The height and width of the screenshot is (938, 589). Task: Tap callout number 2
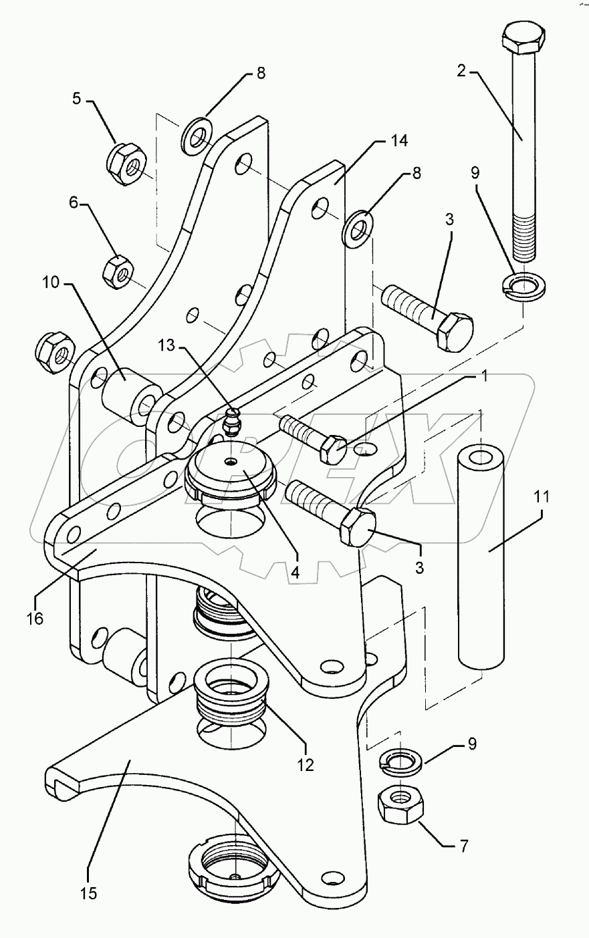[461, 71]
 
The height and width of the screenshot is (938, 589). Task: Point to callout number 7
[463, 846]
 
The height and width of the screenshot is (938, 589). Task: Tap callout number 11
[540, 497]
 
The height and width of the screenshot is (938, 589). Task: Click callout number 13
[167, 345]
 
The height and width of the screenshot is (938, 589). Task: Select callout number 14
[399, 141]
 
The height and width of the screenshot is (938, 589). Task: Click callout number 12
[306, 765]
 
